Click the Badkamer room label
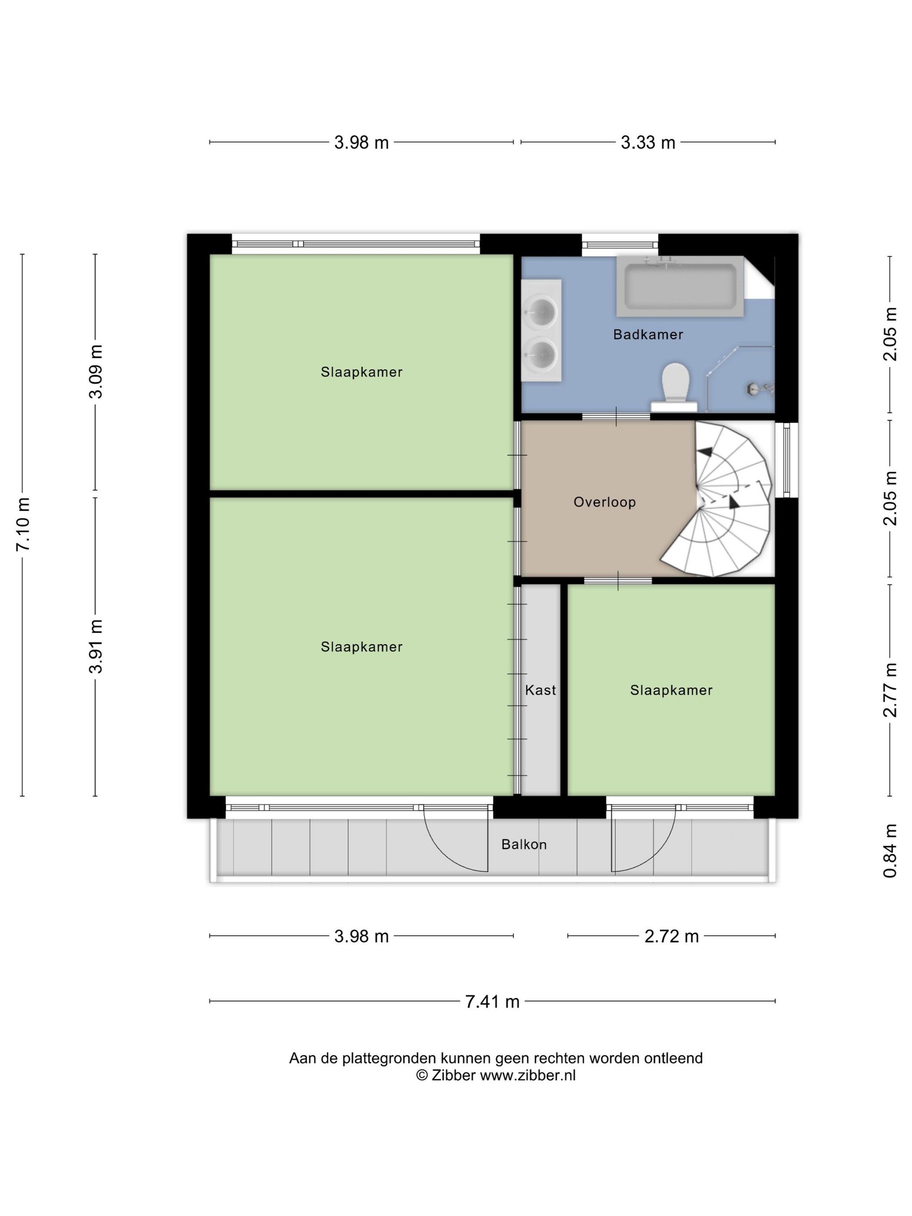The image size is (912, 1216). (x=648, y=334)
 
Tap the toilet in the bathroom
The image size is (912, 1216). (x=674, y=387)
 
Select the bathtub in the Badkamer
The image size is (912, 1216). (x=680, y=286)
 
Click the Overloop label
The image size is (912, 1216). (x=605, y=502)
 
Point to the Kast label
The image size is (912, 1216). (x=540, y=690)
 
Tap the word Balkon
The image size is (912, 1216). (x=524, y=844)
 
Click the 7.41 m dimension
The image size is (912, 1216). (x=492, y=1001)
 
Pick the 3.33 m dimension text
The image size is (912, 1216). (x=648, y=142)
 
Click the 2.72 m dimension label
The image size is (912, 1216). (x=671, y=936)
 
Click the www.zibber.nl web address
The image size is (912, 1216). (x=528, y=1076)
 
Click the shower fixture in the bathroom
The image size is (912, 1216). (x=760, y=389)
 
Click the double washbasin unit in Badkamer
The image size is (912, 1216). (x=542, y=330)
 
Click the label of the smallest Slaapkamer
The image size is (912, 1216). (x=671, y=690)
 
